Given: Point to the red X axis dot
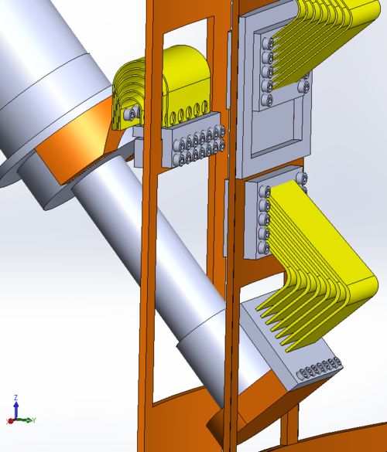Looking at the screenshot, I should [x=10, y=422].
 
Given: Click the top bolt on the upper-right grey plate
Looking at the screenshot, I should [x=269, y=43].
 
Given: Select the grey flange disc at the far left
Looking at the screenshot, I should [x=23, y=174].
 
